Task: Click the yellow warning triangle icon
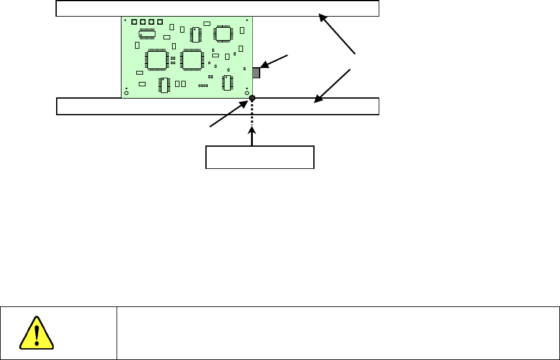coord(36,333)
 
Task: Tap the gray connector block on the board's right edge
coord(257,73)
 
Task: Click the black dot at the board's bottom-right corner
coord(252,98)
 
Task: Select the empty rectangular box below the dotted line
coord(260,157)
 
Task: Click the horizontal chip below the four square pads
coord(147,32)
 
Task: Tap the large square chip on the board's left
coord(157,60)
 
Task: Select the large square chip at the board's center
coord(192,60)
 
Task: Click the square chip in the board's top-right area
coord(222,34)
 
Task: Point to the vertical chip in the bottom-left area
coord(165,84)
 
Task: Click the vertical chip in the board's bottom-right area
coord(227,82)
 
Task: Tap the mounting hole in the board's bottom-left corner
coord(126,93)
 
